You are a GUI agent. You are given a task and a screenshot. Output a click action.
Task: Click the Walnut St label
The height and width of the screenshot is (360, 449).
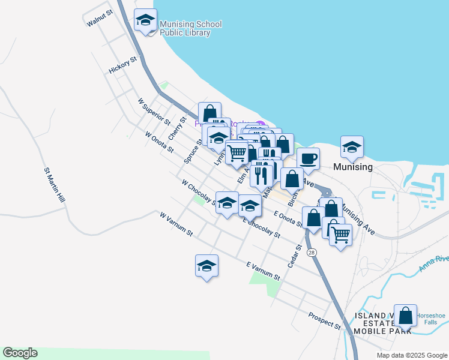(x=100, y=18)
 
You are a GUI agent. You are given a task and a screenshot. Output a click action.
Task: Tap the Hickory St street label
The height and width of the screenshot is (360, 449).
(x=124, y=65)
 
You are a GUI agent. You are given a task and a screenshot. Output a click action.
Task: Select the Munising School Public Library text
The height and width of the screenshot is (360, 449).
(x=190, y=28)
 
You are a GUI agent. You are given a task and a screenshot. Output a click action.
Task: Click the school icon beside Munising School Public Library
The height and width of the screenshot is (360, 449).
(x=145, y=22)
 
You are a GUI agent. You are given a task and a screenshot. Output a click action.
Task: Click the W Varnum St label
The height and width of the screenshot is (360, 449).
(x=175, y=223)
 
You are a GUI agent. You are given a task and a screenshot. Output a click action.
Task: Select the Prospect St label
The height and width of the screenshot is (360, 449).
(x=325, y=321)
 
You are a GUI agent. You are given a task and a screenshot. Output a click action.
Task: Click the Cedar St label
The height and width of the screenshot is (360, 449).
(x=294, y=256)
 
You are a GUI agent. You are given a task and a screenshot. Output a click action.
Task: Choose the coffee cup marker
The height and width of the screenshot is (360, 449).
(x=308, y=158)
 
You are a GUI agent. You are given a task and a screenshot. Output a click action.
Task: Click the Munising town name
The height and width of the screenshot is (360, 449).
(x=353, y=167)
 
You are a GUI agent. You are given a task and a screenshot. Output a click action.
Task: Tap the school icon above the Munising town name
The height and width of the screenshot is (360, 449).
(x=352, y=146)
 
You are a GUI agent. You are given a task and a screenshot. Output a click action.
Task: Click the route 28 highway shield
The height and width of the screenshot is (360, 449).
(x=311, y=253)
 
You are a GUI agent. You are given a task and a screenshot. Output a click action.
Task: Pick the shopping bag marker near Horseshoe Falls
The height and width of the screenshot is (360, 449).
(x=406, y=316)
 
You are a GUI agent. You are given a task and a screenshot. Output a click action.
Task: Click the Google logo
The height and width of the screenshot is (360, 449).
(x=20, y=353)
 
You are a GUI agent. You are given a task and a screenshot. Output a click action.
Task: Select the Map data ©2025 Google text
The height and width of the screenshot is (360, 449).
(x=411, y=355)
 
